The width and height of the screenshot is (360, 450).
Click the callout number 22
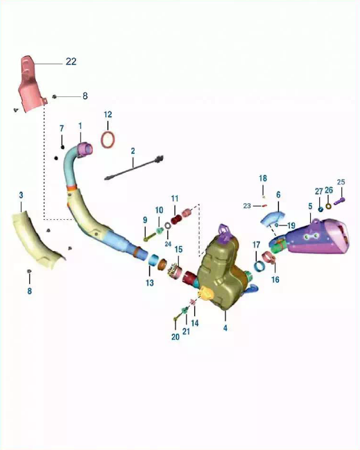71,62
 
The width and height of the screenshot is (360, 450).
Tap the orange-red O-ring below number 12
108,140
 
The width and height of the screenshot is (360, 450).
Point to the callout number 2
132,151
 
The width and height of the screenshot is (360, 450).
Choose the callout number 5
310,206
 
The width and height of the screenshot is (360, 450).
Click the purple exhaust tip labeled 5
316,236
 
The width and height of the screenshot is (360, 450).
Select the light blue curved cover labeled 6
272,218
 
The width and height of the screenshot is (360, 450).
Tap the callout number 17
257,245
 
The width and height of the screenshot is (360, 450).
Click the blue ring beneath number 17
259,266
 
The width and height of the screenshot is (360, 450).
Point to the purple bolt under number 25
340,201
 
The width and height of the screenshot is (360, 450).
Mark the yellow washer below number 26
328,206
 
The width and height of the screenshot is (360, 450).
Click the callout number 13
150,283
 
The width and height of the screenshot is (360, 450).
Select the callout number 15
178,250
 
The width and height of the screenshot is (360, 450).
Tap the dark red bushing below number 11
177,220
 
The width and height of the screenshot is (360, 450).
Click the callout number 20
175,337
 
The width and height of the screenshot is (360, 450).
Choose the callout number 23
247,206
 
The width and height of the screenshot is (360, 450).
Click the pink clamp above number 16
270,257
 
